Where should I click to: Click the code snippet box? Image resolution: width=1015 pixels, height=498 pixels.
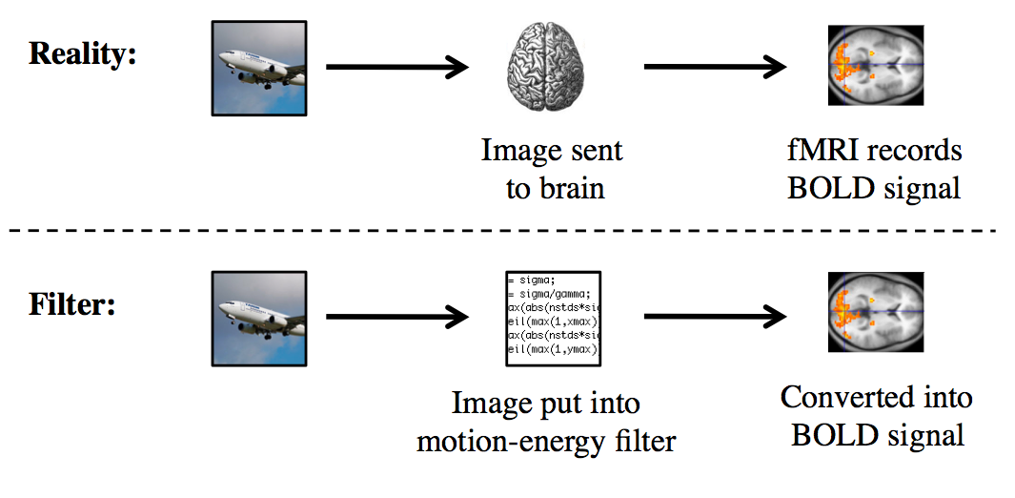552,318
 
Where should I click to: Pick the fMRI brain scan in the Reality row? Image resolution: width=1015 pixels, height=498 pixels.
875,68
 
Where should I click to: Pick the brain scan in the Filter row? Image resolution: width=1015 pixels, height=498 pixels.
875,319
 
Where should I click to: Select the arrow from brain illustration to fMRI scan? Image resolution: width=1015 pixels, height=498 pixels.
715,68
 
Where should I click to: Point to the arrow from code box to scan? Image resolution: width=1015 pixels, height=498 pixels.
715,318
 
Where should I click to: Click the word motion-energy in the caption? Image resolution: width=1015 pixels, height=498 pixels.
515,441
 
